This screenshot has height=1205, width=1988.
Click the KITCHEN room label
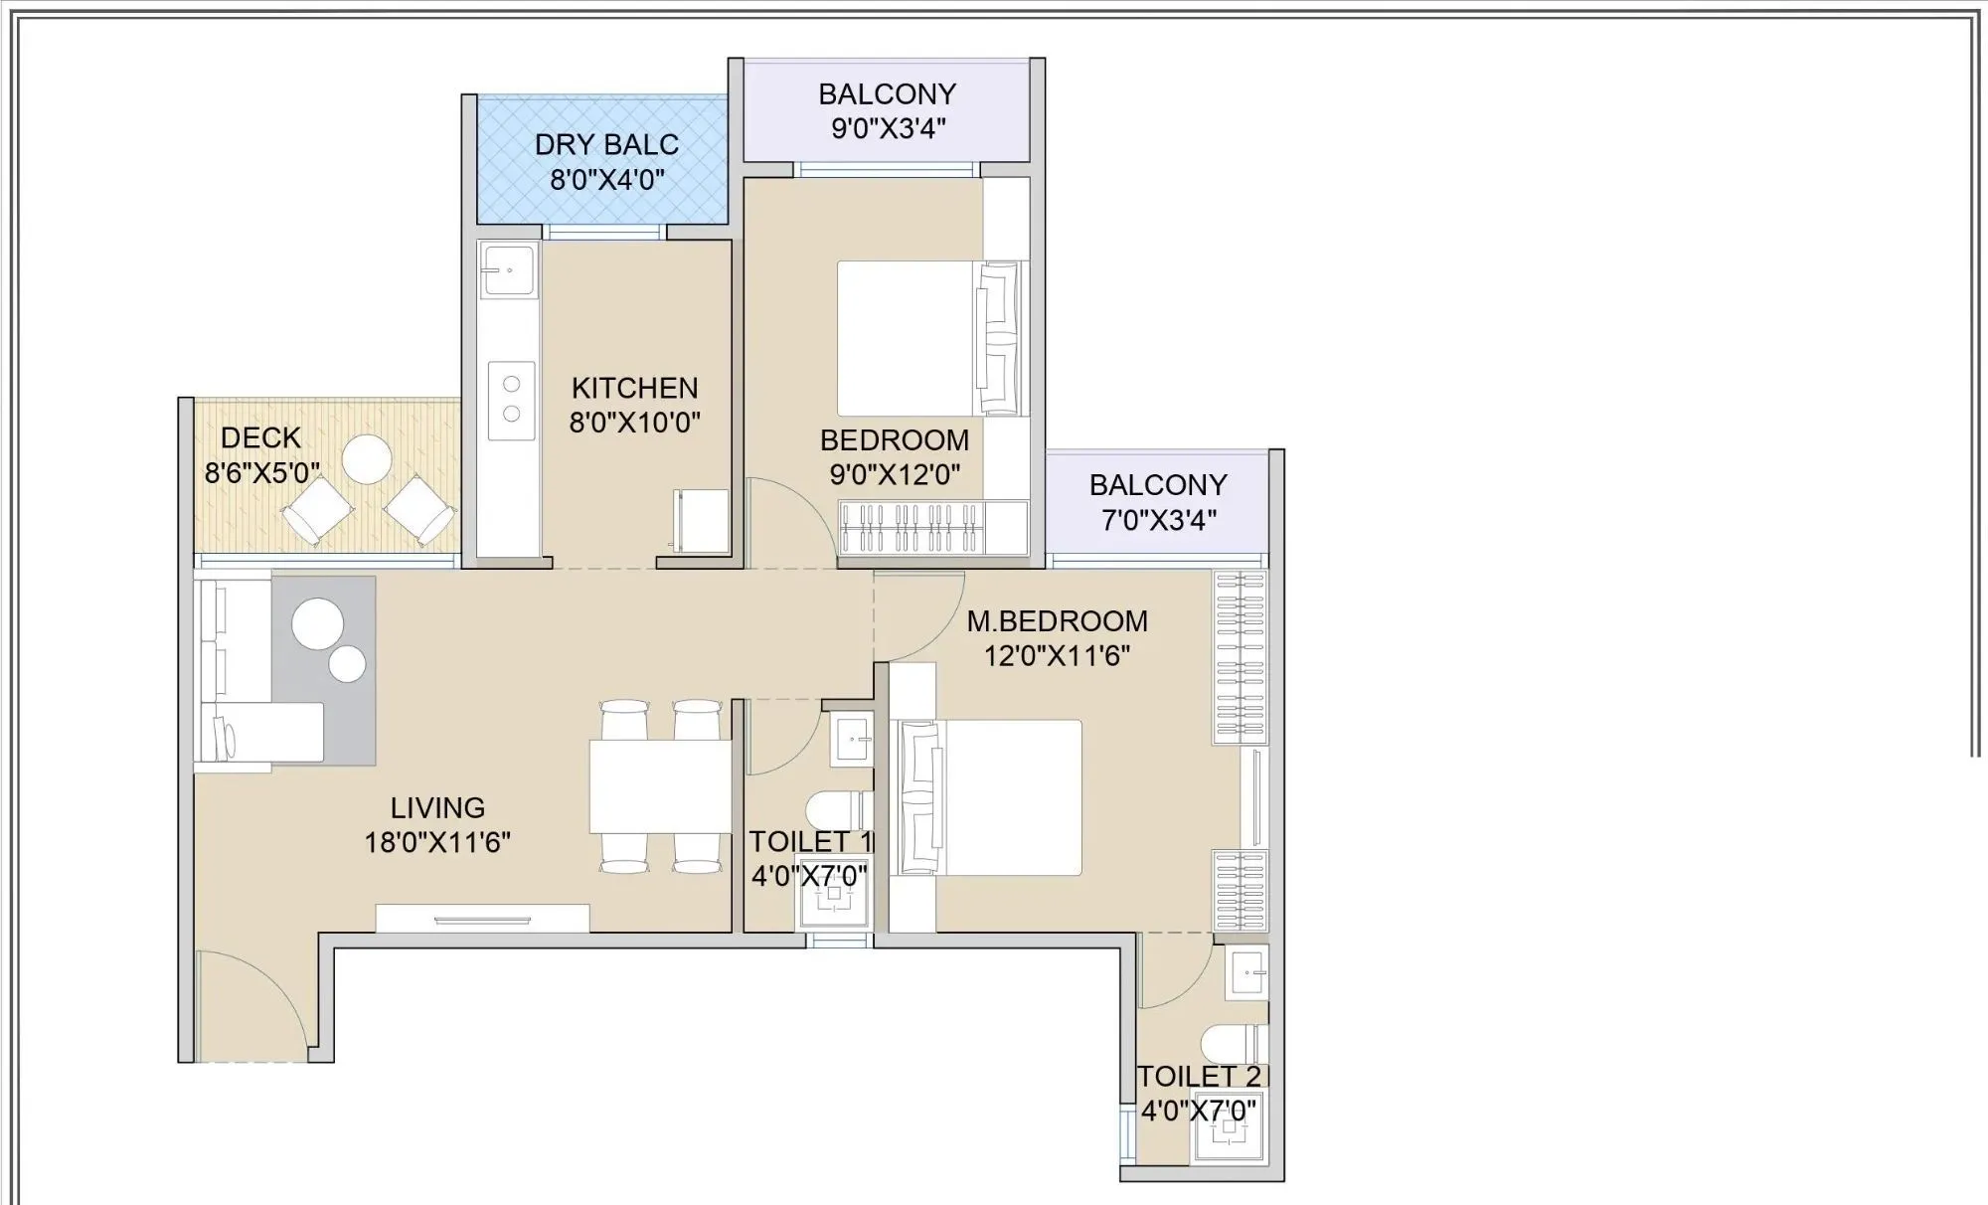coord(634,388)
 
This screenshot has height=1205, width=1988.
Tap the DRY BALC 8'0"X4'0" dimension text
coord(607,180)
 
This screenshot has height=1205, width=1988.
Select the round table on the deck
coord(367,459)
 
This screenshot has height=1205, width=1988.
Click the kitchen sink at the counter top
coord(508,270)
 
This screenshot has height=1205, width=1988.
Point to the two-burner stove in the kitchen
coord(512,399)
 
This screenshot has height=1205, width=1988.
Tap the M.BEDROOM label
coord(1058,621)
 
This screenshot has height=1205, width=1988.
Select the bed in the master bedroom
coord(994,797)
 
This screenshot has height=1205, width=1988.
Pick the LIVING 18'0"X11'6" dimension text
coord(437,842)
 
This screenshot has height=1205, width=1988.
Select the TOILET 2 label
coord(1199,1077)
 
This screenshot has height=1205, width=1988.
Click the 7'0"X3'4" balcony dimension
coord(1158,520)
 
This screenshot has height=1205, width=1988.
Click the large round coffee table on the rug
coord(318,623)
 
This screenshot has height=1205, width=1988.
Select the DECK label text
coord(260,437)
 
